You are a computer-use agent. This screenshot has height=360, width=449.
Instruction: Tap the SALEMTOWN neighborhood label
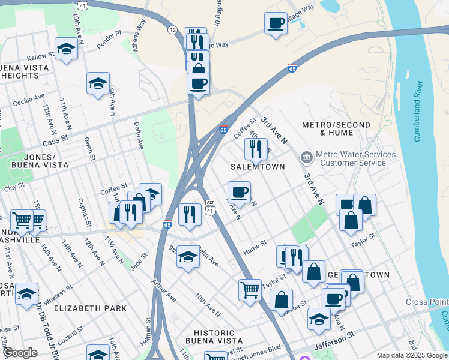[x=258, y=166]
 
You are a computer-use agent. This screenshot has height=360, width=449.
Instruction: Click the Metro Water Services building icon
[x=307, y=158]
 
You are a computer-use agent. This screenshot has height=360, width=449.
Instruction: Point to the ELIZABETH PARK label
[x=90, y=308]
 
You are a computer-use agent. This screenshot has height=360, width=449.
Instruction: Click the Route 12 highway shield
[x=172, y=30]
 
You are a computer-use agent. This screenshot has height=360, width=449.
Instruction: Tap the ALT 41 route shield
[x=210, y=207]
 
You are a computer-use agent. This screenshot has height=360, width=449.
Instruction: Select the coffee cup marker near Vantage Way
[x=276, y=23]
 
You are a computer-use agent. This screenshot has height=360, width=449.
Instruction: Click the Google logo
[x=20, y=353]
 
